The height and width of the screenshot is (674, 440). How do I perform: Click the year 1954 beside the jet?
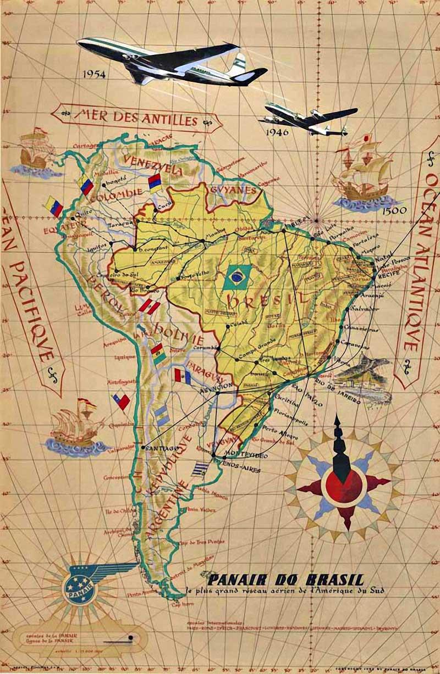click(94, 74)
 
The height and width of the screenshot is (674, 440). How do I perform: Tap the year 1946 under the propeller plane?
click(278, 132)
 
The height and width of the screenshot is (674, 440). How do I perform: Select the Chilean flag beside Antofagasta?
click(121, 401)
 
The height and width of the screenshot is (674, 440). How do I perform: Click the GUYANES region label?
click(233, 190)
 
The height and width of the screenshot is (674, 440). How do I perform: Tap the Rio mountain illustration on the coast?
click(363, 374)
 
